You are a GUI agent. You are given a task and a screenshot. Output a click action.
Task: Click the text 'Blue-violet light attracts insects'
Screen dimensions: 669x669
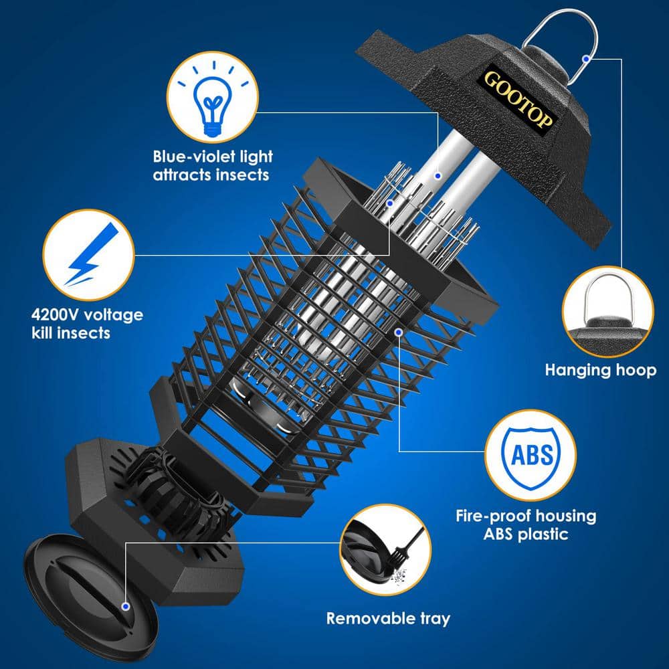[x=213, y=166]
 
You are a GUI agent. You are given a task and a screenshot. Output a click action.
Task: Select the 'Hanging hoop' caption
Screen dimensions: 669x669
[x=600, y=369]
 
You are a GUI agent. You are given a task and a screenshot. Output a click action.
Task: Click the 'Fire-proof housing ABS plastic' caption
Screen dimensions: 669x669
[x=526, y=525]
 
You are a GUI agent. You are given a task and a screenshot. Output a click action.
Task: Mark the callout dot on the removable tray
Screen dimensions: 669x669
[x=126, y=607]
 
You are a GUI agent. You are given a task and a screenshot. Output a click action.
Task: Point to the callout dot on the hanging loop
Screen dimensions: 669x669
[x=587, y=59]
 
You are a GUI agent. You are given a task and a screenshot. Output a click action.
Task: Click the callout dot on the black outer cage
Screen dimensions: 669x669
[x=399, y=330]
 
